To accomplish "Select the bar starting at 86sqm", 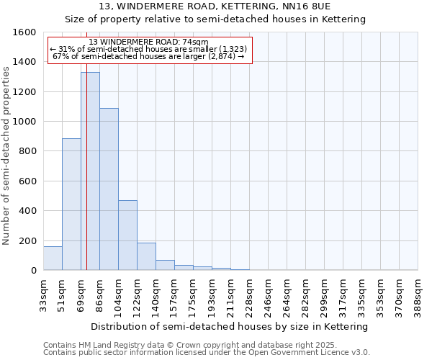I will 109,189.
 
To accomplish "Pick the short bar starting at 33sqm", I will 53,258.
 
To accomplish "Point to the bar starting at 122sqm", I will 146,256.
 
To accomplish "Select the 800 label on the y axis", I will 28,151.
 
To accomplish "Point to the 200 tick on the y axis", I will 28,240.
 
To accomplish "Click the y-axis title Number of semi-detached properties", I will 6,151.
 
